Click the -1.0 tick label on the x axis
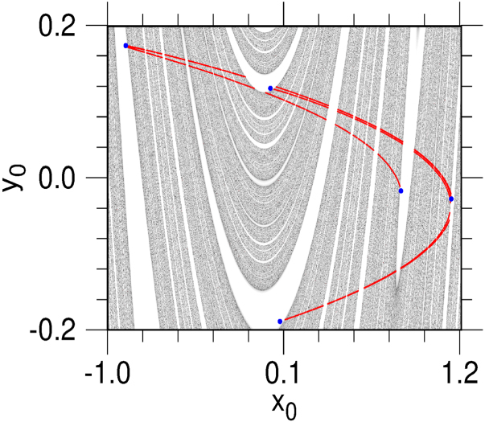click(107, 354)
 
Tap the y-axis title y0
click(18, 178)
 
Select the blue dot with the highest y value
click(125, 46)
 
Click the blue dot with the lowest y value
click(280, 322)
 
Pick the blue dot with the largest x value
click(451, 199)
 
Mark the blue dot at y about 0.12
click(270, 88)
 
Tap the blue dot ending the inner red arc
click(401, 191)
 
